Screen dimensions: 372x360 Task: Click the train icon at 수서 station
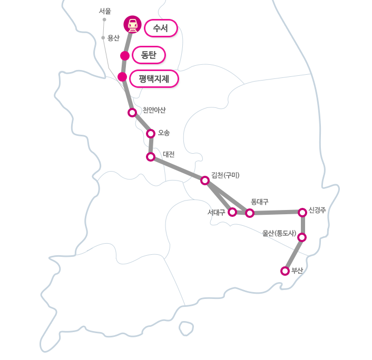[x=133, y=24]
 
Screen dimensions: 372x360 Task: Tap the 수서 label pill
[x=160, y=28]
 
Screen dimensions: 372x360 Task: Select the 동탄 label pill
[x=149, y=55]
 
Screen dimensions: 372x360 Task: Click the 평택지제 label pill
[x=154, y=79]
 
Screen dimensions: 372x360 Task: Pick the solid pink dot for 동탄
[x=125, y=56]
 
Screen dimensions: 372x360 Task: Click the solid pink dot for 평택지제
[x=122, y=77]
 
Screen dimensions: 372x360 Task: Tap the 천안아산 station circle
[x=132, y=112]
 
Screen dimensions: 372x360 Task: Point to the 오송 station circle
[x=151, y=133]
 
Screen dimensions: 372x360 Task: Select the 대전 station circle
[x=151, y=157]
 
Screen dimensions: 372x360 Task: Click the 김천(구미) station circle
[x=205, y=180]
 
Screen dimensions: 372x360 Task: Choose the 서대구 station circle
[x=232, y=212]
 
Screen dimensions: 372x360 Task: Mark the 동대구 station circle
[x=250, y=213]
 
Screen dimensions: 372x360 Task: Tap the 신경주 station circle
[x=302, y=212]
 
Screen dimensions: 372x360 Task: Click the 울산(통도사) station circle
[x=302, y=237]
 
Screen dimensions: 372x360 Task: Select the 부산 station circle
[x=285, y=271]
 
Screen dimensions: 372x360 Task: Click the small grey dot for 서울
[x=104, y=19]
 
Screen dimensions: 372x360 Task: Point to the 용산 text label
[x=113, y=38]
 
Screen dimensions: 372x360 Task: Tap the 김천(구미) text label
[x=225, y=175]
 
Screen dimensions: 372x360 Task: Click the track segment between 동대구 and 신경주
[x=276, y=213]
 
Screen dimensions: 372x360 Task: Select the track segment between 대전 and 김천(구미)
[x=178, y=168]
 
